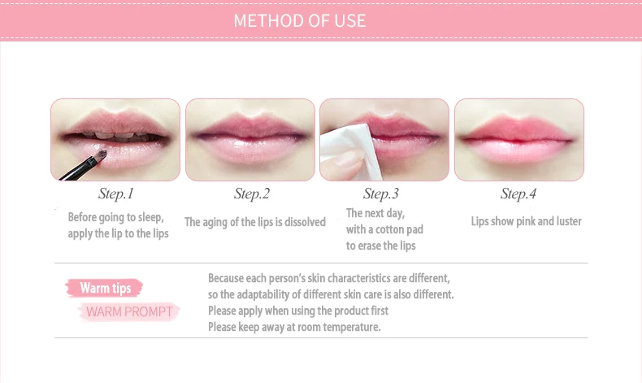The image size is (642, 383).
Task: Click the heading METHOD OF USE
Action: coord(299,20)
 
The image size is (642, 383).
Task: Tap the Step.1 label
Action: coord(115,194)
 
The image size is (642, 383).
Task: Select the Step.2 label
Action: coord(251,194)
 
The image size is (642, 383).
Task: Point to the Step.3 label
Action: coord(381,194)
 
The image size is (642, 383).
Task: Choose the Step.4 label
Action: coord(518,194)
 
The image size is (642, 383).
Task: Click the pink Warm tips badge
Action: coord(106,288)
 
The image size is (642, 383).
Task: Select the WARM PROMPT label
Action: coord(128,311)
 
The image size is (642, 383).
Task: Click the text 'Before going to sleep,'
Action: coord(115,217)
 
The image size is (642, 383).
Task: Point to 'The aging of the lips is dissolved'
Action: coord(254,222)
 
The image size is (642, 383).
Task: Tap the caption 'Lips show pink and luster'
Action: coord(526,221)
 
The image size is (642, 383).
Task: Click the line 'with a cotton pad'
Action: coord(384,229)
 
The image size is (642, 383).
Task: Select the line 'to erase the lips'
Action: coord(380,246)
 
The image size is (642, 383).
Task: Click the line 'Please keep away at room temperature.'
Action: coord(294,327)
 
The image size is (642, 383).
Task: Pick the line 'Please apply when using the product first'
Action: coord(297,311)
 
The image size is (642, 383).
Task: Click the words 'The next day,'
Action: coord(375,213)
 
